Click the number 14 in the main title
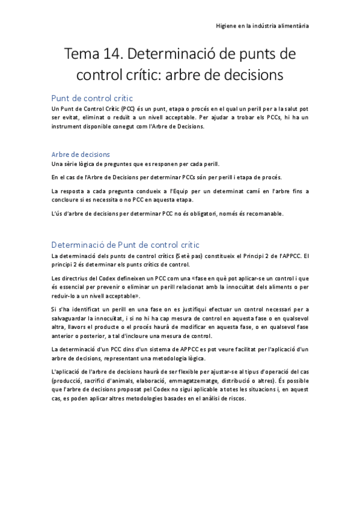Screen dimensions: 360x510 112,55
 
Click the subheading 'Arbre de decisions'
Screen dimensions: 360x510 81,154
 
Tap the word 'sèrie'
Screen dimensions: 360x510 74,164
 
